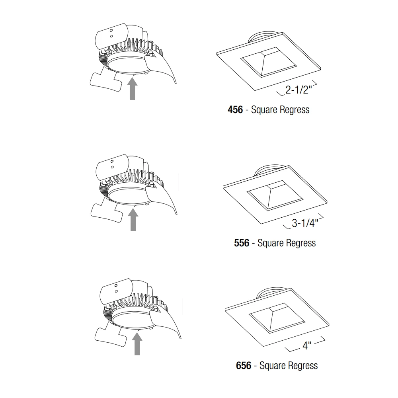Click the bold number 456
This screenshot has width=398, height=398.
tap(235, 110)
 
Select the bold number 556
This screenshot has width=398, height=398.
tap(242, 243)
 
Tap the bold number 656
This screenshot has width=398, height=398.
tap(244, 365)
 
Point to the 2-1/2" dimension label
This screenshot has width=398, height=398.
tap(298, 90)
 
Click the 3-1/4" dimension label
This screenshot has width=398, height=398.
tap(305, 223)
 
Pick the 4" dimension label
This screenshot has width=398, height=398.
tap(307, 345)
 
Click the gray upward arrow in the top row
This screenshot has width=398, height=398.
tap(132, 89)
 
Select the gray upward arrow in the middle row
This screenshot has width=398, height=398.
tap(133, 220)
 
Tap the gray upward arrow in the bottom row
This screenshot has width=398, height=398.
tap(137, 344)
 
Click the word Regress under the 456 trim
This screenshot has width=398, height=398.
tap(295, 110)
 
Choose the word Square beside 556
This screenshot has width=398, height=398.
tap(271, 243)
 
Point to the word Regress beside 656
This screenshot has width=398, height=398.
tap(303, 366)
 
